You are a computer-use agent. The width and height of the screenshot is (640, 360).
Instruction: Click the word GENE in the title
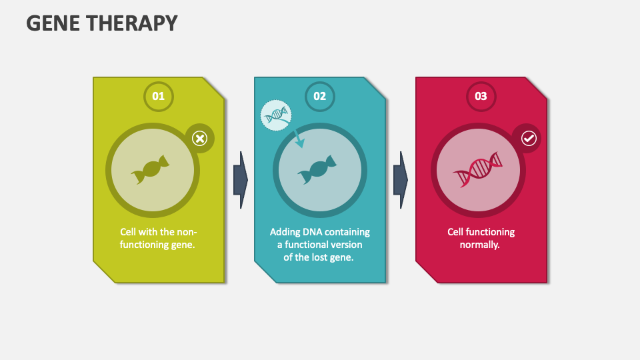[x=54, y=23]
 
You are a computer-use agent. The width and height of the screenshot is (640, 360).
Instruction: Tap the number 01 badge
[x=158, y=96]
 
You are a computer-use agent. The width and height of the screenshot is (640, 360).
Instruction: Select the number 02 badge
[x=319, y=96]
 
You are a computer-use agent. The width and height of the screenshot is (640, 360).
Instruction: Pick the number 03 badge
[x=481, y=96]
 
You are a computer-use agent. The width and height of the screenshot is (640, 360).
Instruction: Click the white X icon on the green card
[x=199, y=138]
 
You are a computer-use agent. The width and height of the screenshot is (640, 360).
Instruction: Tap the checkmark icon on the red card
[x=528, y=138]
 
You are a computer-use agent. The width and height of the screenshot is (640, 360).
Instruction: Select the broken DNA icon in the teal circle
[x=317, y=169]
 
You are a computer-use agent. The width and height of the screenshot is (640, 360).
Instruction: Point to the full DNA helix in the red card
[x=477, y=169]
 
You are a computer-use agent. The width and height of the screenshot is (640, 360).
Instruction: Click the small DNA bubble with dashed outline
[x=276, y=116]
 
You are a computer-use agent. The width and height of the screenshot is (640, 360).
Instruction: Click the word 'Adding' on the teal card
[x=286, y=232]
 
